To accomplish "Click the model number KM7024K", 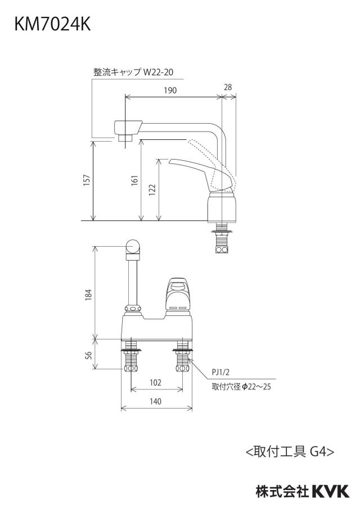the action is [x=52, y=25].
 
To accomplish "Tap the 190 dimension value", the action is [x=170, y=90].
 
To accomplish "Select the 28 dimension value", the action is [x=228, y=87].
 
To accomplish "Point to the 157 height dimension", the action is [x=87, y=180].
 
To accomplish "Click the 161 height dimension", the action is [x=134, y=180].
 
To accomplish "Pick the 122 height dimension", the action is [x=152, y=190].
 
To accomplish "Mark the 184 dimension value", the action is [x=88, y=294].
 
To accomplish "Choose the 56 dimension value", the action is [x=88, y=355].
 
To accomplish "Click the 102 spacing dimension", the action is [x=155, y=383].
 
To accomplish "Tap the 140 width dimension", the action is [x=155, y=401].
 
